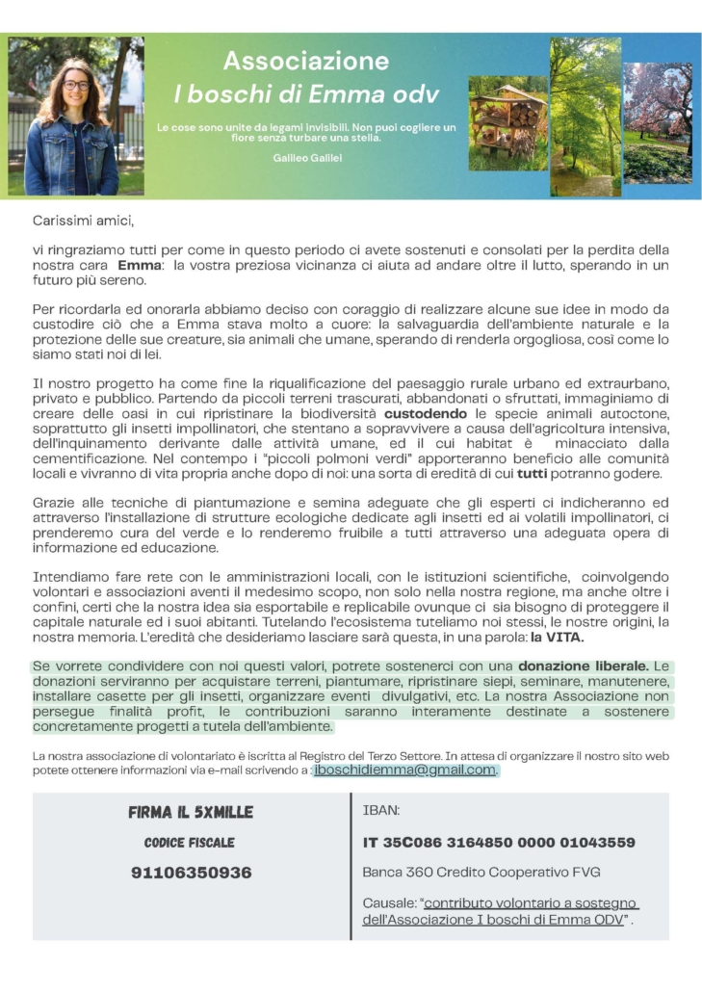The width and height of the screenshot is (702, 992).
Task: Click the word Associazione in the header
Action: (306, 62)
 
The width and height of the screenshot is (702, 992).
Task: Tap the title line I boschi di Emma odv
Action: (306, 94)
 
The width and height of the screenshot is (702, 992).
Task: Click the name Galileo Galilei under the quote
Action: (307, 157)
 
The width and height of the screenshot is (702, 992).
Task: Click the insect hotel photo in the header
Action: (507, 122)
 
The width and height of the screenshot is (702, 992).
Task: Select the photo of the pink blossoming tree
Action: (658, 122)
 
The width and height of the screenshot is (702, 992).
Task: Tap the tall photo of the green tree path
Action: (585, 117)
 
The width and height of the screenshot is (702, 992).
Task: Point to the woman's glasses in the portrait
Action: (75, 85)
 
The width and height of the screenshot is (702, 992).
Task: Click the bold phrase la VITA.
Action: (558, 638)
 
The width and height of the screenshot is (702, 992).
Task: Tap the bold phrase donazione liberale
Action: (583, 666)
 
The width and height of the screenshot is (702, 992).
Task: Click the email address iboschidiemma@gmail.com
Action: (405, 770)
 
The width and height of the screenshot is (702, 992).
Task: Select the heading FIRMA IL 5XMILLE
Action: (191, 812)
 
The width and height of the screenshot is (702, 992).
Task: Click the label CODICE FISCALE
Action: (190, 843)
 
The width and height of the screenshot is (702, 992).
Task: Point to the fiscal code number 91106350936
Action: (191, 873)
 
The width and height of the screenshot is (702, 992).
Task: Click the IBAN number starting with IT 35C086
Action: (498, 842)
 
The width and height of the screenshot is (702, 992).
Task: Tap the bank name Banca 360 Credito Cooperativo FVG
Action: (481, 873)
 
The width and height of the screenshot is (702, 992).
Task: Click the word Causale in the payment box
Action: (388, 903)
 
